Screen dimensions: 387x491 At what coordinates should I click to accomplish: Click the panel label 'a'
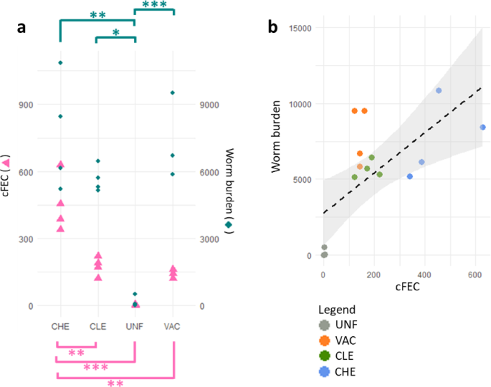click(x=22, y=27)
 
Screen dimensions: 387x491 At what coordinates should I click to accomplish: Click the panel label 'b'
click(x=273, y=27)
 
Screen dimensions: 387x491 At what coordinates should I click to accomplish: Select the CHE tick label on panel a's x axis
click(x=60, y=326)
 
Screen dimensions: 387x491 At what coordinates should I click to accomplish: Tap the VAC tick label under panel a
click(x=173, y=326)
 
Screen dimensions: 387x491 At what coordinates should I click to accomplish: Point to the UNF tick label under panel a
click(x=135, y=326)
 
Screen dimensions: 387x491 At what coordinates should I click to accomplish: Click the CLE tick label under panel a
click(x=97, y=326)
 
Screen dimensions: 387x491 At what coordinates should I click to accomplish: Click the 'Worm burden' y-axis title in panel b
click(x=275, y=140)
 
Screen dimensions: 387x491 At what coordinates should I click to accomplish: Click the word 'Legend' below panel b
click(x=338, y=308)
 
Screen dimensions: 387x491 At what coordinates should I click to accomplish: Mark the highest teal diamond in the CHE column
click(x=60, y=63)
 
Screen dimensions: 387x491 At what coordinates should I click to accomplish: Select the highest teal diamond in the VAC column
click(x=173, y=92)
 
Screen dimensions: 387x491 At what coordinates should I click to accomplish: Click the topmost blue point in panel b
click(x=439, y=90)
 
